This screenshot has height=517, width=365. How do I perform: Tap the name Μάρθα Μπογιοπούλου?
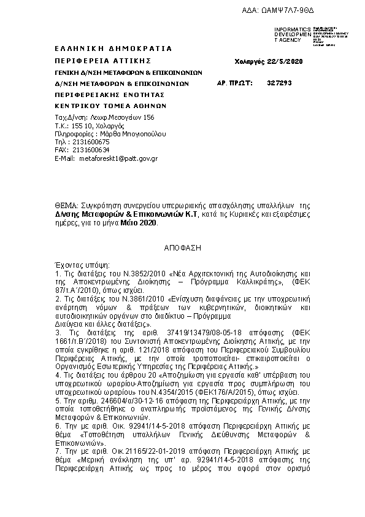tap(125, 133)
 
